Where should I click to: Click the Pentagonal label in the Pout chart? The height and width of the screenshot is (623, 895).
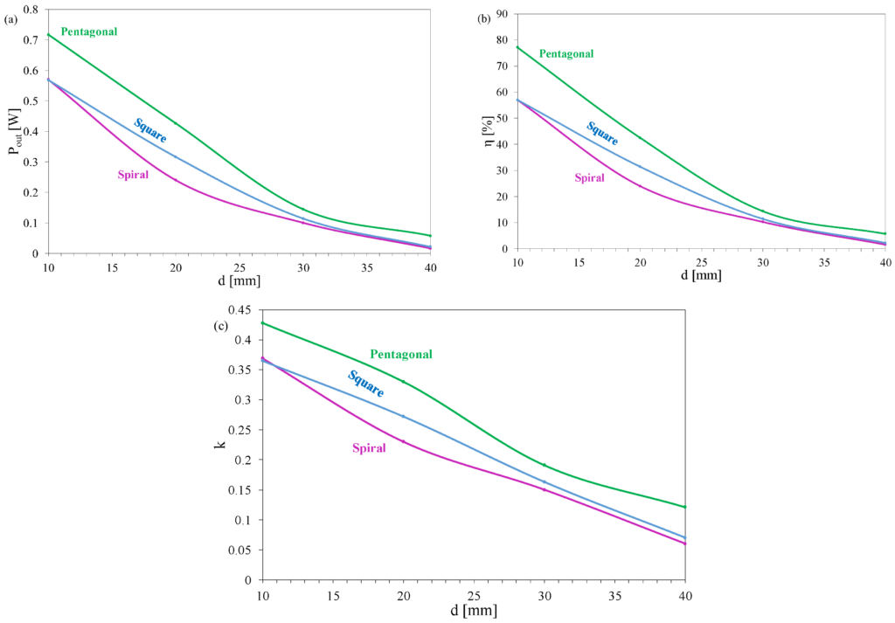(89, 31)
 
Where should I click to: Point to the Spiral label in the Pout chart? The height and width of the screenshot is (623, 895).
(133, 175)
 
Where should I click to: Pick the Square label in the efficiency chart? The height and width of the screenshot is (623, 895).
(602, 133)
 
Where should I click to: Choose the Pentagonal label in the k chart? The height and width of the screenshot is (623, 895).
(401, 354)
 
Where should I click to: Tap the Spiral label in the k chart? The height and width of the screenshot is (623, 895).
(369, 448)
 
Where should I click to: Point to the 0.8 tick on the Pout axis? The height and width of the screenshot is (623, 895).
(31, 10)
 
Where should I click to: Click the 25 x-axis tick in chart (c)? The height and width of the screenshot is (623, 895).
(473, 594)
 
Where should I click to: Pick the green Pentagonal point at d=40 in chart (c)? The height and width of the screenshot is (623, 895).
(684, 507)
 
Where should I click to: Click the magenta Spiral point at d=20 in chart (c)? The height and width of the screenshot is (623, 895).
(403, 441)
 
